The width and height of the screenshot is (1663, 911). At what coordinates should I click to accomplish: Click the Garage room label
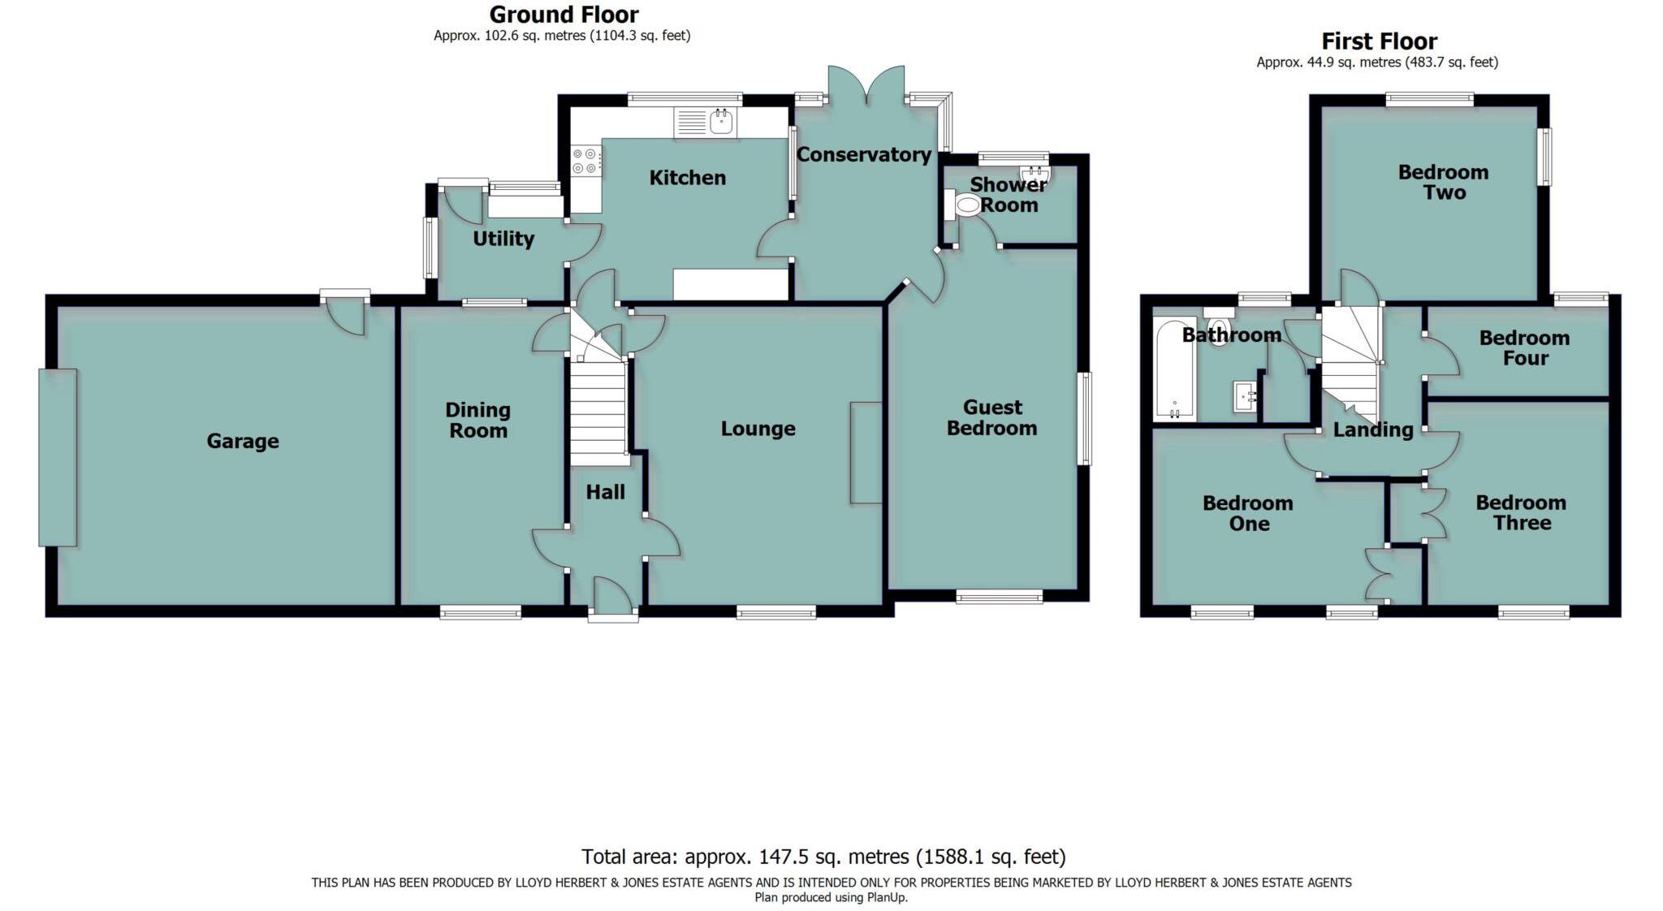click(242, 441)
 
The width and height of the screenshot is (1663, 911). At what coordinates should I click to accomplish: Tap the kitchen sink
click(721, 123)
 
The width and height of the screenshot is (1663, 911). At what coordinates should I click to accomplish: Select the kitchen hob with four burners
click(585, 160)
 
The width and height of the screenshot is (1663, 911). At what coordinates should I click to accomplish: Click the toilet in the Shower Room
click(966, 205)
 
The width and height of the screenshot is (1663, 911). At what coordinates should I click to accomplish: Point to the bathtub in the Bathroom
click(1174, 369)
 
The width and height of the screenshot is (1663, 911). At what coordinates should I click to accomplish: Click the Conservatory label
click(863, 154)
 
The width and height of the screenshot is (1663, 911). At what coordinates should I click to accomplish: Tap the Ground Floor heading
click(564, 15)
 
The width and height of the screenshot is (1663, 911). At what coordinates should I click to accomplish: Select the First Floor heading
click(1379, 41)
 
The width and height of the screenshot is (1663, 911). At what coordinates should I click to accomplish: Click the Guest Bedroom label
click(991, 417)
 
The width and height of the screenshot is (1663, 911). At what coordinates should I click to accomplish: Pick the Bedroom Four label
click(1524, 348)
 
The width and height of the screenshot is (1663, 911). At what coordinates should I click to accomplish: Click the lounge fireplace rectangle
click(866, 452)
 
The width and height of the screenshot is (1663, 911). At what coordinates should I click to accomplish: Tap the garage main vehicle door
click(58, 457)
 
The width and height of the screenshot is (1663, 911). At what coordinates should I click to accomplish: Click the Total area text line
click(823, 857)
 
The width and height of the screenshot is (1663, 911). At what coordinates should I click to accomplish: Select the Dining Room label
click(478, 420)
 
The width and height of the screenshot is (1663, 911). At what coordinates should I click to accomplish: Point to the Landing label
click(1372, 430)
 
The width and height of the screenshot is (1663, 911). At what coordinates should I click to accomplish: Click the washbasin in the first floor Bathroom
click(1244, 397)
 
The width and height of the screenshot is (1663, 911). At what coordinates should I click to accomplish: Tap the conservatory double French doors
click(866, 85)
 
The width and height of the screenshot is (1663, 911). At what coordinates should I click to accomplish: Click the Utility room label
click(503, 239)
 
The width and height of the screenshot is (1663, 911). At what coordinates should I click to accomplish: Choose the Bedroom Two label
click(1443, 182)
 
